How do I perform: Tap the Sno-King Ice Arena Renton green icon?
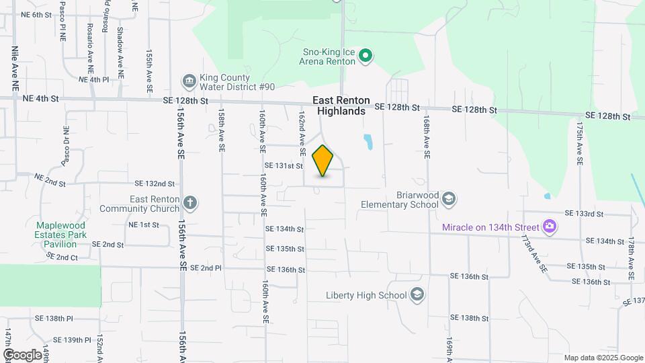click(365, 56)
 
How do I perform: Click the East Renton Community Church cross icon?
click(190, 203)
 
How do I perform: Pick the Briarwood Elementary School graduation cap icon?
click(448, 199)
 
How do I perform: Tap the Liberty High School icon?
click(417, 295)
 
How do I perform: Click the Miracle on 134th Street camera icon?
click(550, 227)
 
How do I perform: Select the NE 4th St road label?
click(41, 98)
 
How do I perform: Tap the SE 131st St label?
click(284, 165)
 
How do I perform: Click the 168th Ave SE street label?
click(426, 136)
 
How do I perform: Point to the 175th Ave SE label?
click(579, 144)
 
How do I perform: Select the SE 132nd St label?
click(155, 183)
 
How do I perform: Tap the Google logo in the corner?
click(21, 354)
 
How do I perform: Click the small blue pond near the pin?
click(368, 142)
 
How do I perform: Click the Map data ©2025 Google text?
click(603, 358)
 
